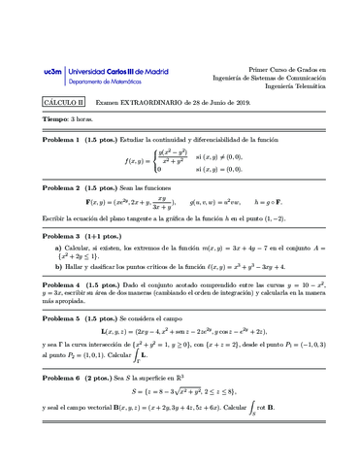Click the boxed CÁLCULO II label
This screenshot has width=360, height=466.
(64, 101)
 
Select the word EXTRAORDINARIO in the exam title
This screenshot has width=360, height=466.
(141, 101)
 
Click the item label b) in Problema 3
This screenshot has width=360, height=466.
(58, 267)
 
